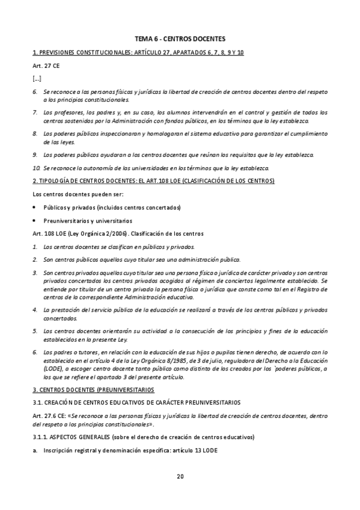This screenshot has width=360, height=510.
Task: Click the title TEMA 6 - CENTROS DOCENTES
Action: point(180,38)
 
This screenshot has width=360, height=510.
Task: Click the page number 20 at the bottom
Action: point(180,477)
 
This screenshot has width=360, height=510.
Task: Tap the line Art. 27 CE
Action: point(44,66)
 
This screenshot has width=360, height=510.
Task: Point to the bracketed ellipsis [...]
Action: point(37,78)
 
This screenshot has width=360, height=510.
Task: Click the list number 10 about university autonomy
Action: point(36,167)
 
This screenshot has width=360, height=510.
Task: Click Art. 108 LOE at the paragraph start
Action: point(47,233)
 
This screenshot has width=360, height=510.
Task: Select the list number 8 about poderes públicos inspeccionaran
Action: point(35,133)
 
